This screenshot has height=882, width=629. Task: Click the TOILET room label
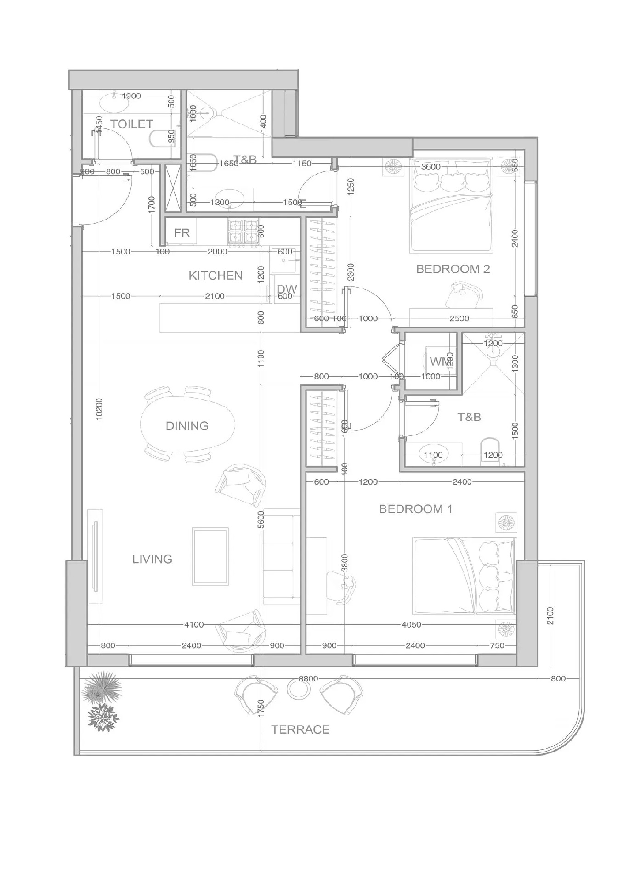point(131,124)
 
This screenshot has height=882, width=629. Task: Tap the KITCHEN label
point(215,276)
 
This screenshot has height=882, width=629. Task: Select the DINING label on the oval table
point(187,426)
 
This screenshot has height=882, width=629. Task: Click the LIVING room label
point(152,559)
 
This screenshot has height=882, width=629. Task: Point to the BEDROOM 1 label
point(415,509)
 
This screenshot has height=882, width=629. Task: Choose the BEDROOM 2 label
point(453,269)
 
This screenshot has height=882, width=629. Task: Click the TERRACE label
point(300,729)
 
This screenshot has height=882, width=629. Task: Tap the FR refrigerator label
point(182,233)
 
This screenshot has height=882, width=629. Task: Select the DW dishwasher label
point(287,289)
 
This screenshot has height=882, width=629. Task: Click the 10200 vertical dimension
point(100,409)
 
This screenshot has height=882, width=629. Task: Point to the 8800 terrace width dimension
point(308,678)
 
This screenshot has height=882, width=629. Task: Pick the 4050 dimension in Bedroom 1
point(412,624)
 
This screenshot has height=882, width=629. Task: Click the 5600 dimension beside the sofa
point(261,519)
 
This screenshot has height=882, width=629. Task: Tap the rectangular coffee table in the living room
point(210,556)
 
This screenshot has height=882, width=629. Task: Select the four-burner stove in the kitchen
point(244,231)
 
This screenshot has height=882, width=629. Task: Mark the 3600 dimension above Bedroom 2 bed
point(431,167)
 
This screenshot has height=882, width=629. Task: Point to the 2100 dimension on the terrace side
point(550,616)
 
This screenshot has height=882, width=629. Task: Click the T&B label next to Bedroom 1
point(469,417)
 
